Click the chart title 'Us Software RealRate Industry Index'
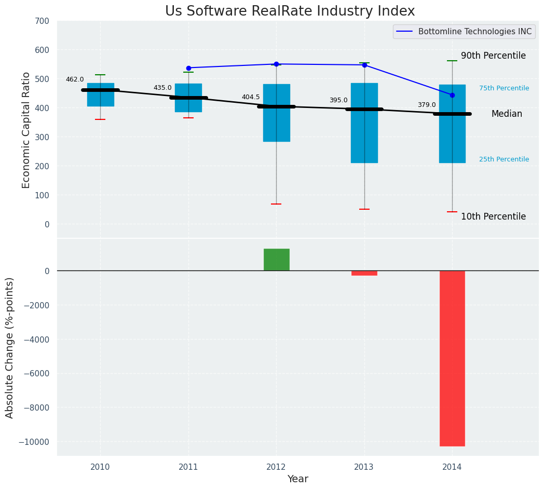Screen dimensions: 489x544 (290, 11)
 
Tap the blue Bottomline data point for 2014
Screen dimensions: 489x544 (452, 95)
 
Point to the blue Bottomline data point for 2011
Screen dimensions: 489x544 (188, 68)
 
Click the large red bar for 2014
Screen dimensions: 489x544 (452, 358)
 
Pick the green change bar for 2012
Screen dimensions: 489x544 (276, 260)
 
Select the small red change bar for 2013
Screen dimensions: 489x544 (364, 273)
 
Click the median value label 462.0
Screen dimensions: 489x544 (75, 79)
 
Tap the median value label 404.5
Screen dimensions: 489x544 (251, 97)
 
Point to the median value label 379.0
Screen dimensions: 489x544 (427, 105)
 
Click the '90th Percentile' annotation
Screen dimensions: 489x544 (493, 56)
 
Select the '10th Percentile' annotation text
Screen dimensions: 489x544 (493, 216)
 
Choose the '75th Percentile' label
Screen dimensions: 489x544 (504, 88)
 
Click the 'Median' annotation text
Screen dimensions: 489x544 (507, 114)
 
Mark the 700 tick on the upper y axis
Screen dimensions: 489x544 (42, 21)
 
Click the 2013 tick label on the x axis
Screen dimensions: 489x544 (364, 467)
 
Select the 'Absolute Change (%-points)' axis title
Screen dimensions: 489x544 (10, 347)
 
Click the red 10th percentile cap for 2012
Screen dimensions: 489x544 (276, 204)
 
